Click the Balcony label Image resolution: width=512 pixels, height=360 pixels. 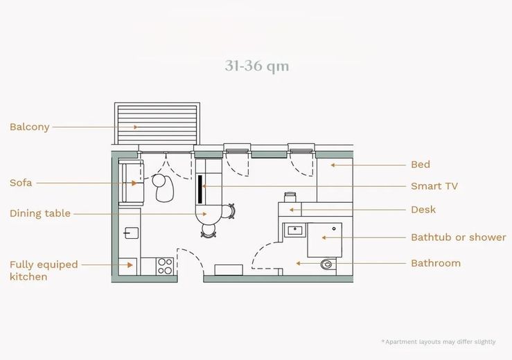(x=29, y=127)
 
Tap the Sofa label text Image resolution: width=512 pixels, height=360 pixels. (x=21, y=183)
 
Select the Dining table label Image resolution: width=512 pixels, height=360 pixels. (x=40, y=213)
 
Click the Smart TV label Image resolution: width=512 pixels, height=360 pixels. (x=434, y=186)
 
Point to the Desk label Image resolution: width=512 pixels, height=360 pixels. (x=423, y=210)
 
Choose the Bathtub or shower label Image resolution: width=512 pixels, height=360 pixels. (x=459, y=237)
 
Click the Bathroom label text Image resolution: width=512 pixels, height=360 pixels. (x=436, y=263)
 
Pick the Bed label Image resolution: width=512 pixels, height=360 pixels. (x=421, y=164)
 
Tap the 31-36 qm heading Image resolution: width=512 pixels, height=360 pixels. (x=256, y=66)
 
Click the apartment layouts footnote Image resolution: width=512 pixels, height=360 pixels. (x=439, y=342)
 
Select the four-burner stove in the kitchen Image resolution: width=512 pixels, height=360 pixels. (x=165, y=266)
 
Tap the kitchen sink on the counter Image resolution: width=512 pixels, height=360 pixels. (x=131, y=233)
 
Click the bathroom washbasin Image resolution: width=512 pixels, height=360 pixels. (x=296, y=231)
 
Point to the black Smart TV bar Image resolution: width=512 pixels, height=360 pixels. (x=200, y=189)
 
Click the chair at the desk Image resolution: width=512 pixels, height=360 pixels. (x=290, y=197)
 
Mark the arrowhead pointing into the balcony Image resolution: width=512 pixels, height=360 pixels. (x=136, y=127)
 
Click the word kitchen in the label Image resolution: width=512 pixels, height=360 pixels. (x=28, y=277)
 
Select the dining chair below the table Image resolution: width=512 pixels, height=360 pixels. (x=209, y=231)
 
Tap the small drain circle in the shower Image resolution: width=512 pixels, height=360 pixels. (x=334, y=228)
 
